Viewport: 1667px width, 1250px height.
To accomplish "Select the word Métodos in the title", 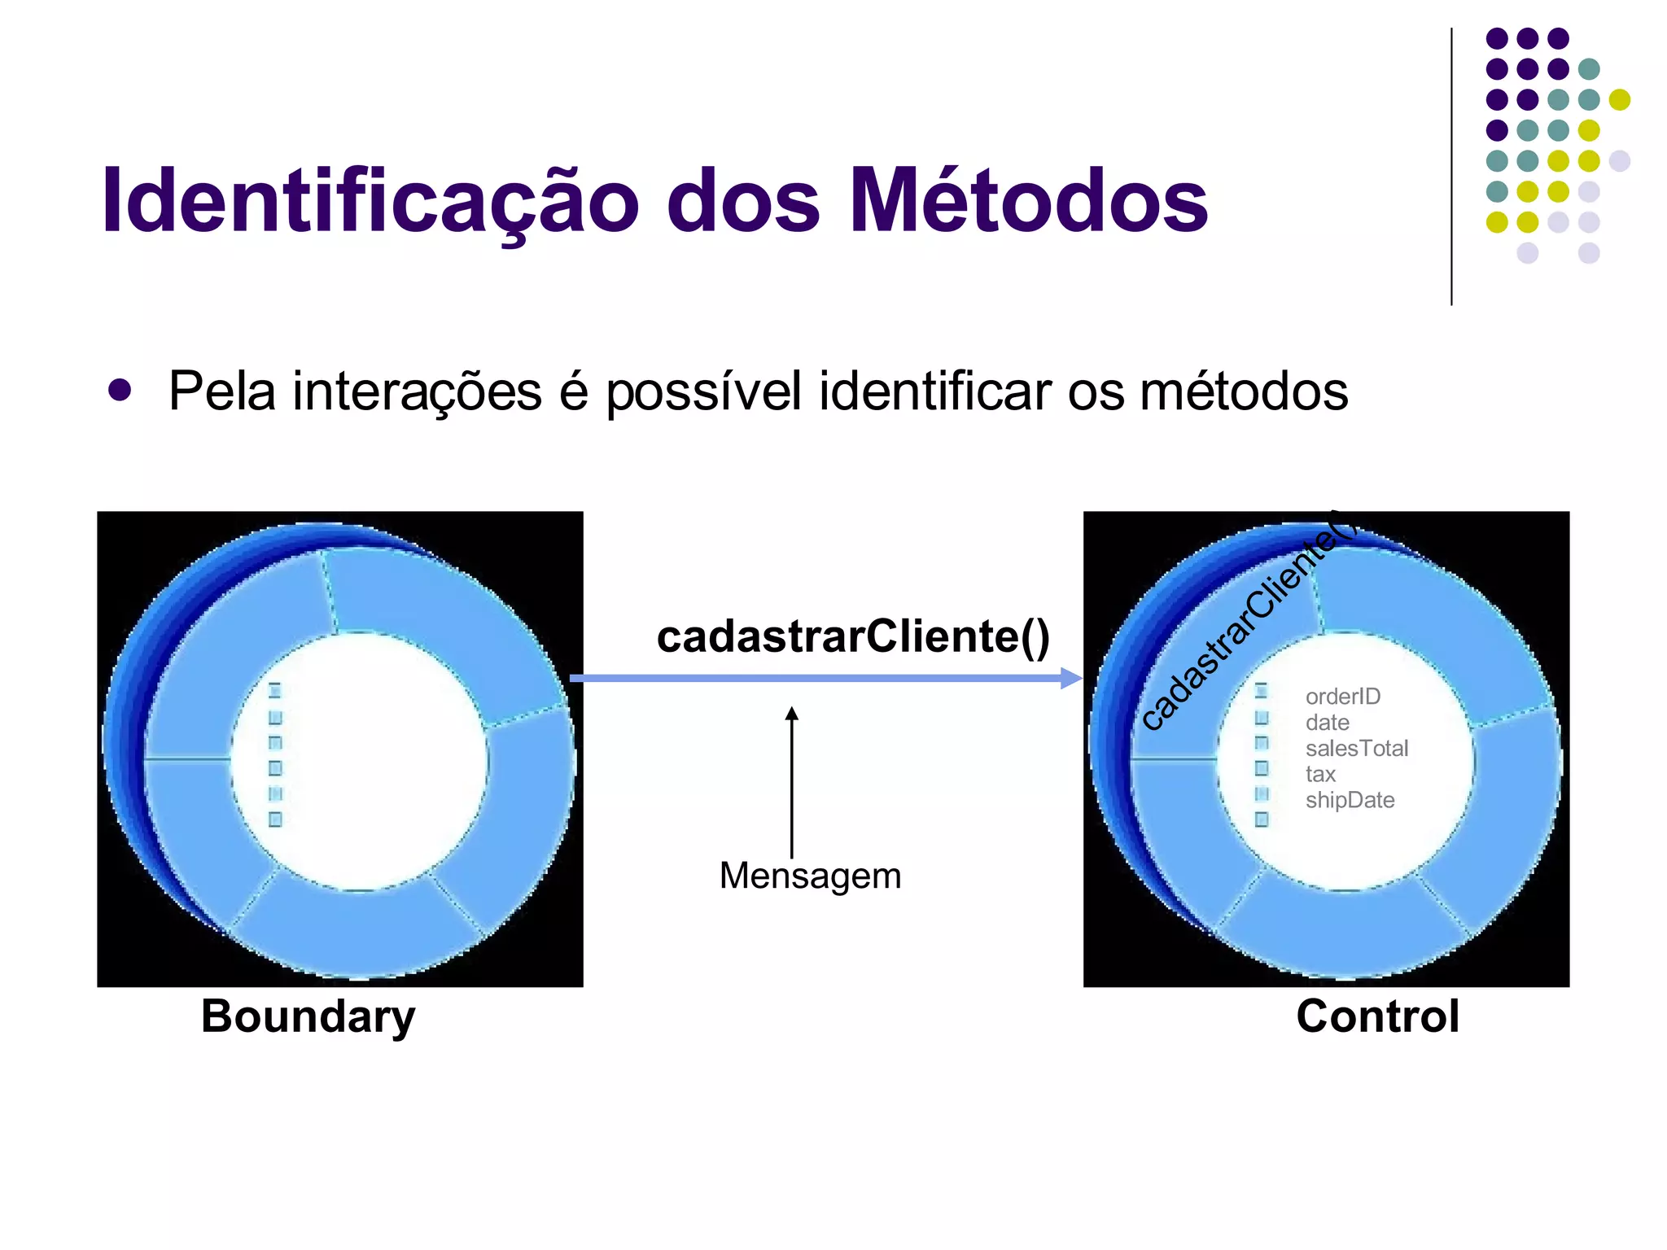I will (x=1028, y=201).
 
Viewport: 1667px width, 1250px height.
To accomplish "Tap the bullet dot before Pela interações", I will (x=120, y=390).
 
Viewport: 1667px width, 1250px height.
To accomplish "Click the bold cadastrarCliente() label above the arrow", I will (x=853, y=636).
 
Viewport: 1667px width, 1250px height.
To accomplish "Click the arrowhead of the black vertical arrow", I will (x=791, y=714).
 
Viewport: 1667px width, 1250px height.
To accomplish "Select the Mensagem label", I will (x=810, y=876).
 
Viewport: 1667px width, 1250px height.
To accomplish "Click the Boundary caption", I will (x=308, y=1016).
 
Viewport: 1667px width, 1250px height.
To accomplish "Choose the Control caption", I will (x=1377, y=1016).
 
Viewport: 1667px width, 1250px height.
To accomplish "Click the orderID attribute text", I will (x=1343, y=697).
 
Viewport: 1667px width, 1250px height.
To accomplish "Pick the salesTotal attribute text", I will (x=1357, y=749).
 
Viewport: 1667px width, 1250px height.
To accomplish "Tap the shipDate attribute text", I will (x=1350, y=800).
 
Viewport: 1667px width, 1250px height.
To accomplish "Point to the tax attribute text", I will (x=1320, y=774).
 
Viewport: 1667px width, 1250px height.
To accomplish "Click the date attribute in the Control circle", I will (x=1327, y=723).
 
